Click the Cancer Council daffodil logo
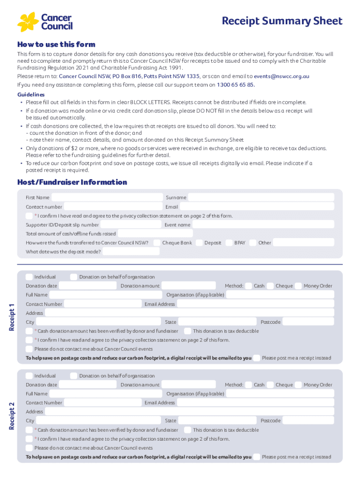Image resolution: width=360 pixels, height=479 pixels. coord(28,22)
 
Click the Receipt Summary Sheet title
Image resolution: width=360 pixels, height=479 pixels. coord(282,21)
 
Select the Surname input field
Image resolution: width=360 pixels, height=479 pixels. coord(261,197)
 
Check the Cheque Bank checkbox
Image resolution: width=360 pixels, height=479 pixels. coord(157,243)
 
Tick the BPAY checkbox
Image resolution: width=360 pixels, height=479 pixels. coord(229,243)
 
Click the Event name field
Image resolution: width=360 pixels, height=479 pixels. coord(263,225)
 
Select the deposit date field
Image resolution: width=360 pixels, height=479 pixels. coord(130,252)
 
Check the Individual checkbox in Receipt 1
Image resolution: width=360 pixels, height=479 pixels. coord(29,277)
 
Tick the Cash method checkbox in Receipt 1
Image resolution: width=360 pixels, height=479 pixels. coord(249,286)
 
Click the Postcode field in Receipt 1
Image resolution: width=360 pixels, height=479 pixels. coord(308,322)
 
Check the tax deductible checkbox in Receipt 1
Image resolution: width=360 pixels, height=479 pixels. coord(187,331)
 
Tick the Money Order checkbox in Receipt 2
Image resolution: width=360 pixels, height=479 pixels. coord(298,385)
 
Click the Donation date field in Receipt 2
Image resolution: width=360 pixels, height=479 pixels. coord(88,385)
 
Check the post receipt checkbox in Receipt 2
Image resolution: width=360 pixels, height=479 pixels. coord(256,457)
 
